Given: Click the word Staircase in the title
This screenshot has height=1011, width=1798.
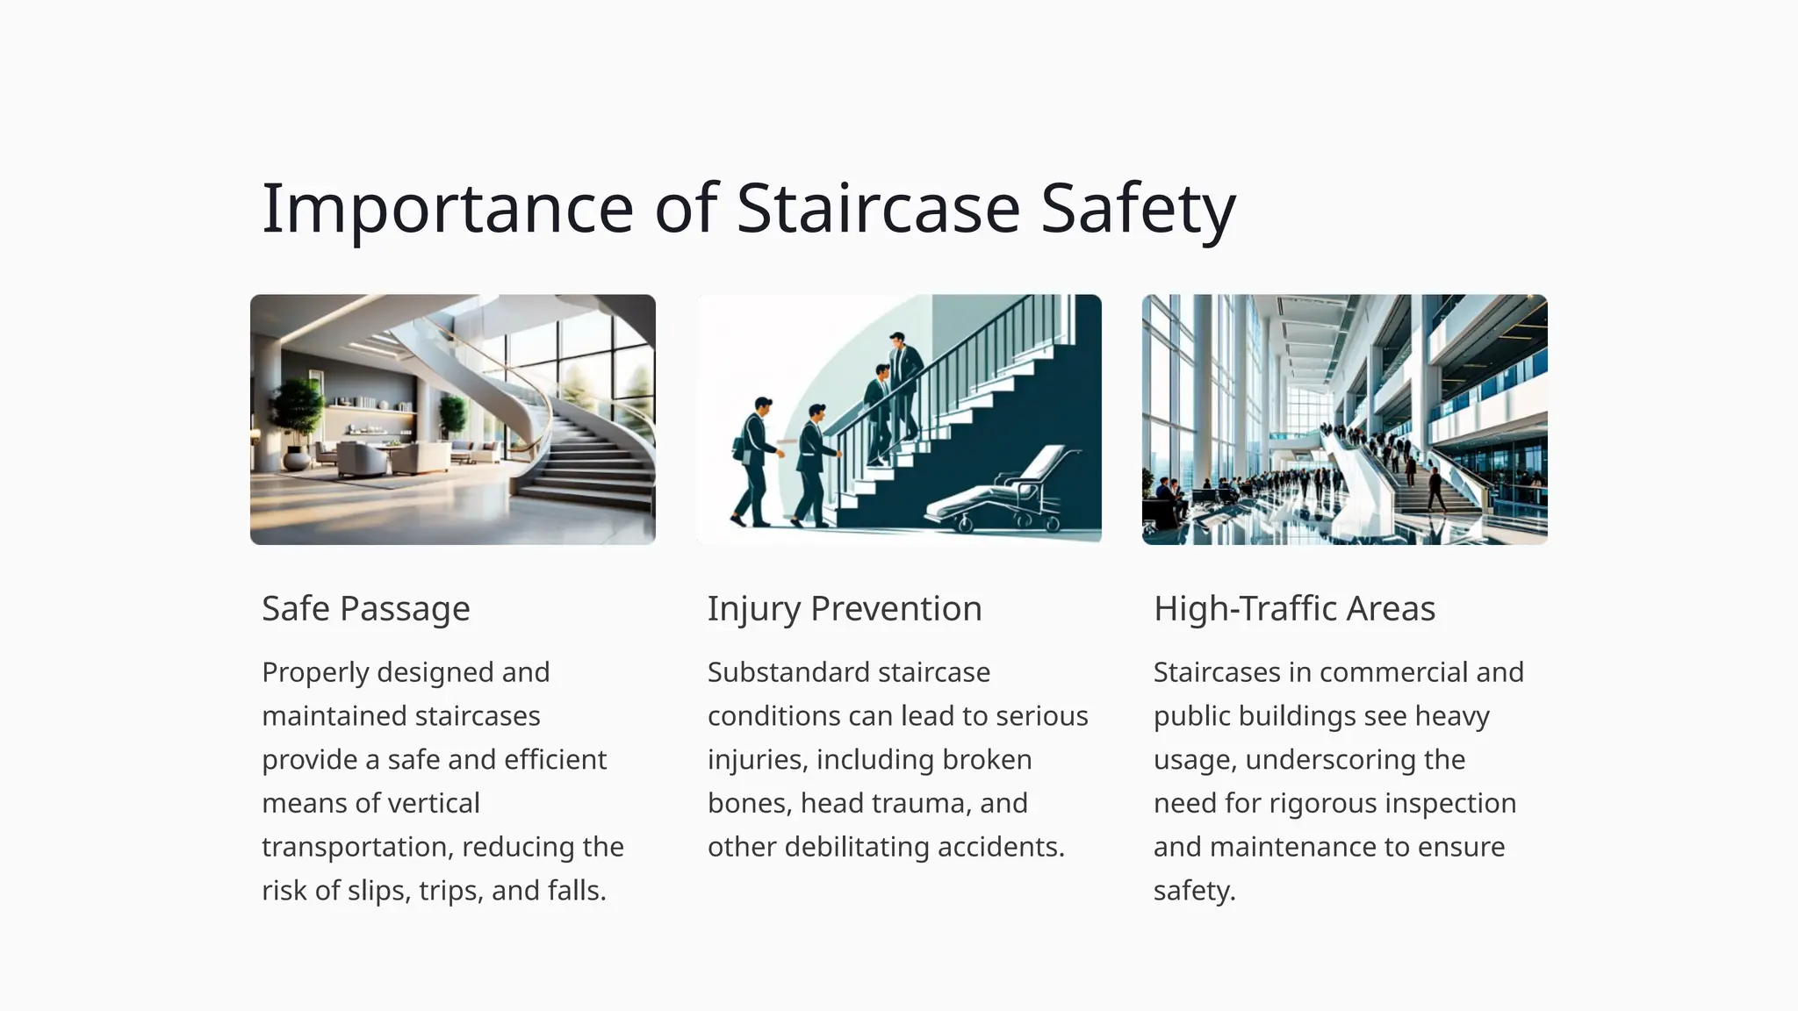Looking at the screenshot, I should (x=878, y=209).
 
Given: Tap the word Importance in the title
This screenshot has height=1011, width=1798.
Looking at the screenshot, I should (x=448, y=209).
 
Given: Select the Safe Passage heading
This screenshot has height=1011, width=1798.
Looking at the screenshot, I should (x=366, y=608).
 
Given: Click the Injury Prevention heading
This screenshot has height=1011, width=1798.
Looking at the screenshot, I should (x=845, y=608).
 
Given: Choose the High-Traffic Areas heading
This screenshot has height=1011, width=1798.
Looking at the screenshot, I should (x=1294, y=608).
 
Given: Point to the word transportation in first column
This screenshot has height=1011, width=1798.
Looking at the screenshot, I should (x=356, y=847).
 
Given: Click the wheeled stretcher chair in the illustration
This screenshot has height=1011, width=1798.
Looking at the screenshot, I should (x=1010, y=491).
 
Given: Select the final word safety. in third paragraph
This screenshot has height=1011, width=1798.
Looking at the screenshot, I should (x=1194, y=891).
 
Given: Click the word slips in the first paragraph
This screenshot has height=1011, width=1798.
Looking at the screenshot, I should (x=378, y=891).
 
